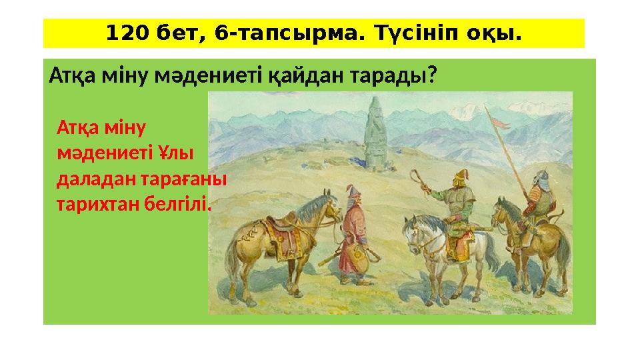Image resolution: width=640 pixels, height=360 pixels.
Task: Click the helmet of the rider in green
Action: [x=459, y=178]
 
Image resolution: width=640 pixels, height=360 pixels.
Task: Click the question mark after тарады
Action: [x=433, y=77]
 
